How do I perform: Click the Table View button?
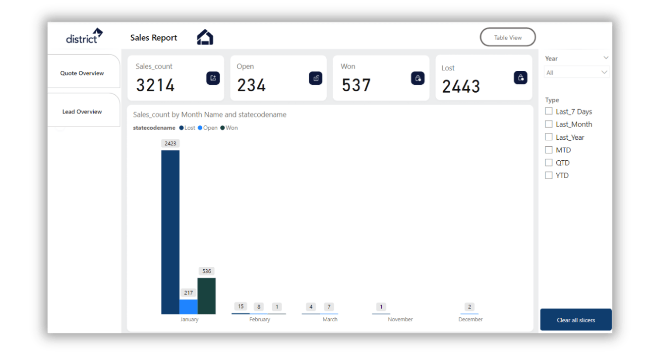[x=508, y=38]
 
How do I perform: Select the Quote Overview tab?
[x=82, y=73]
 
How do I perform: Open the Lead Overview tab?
[x=82, y=112]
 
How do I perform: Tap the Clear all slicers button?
[x=576, y=320]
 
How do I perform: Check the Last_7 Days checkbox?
[x=549, y=112]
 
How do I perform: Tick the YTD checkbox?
[x=549, y=175]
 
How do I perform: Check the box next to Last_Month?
[x=549, y=124]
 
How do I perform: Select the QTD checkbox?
[x=549, y=163]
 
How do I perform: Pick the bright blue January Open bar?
[x=188, y=306]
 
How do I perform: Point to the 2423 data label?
[x=170, y=143]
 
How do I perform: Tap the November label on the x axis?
[x=400, y=319]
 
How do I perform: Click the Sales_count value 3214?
[x=155, y=86]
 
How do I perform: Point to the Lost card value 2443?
[x=461, y=87]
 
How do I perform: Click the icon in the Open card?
[x=315, y=78]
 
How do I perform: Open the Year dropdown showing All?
[x=577, y=72]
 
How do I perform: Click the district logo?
[x=84, y=36]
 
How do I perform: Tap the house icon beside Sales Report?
[x=205, y=37]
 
